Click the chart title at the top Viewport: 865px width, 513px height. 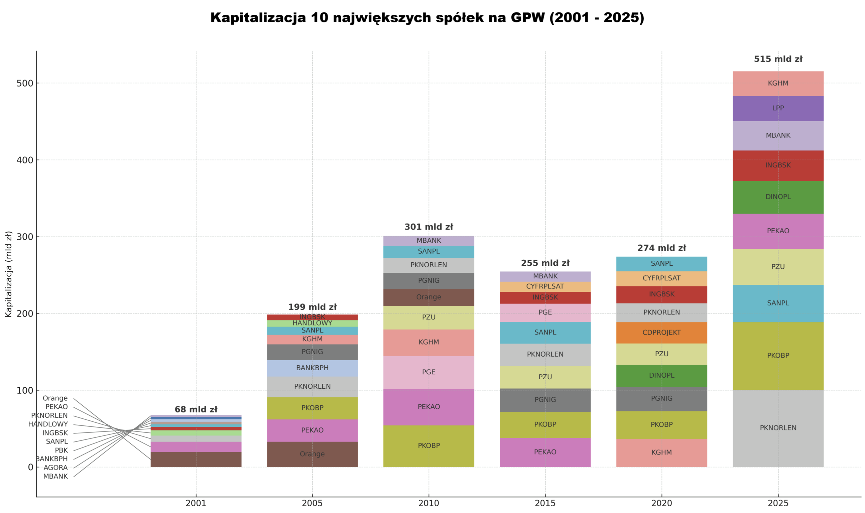click(427, 18)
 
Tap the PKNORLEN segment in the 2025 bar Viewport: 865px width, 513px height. click(777, 428)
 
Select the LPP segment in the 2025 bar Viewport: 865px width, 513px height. click(777, 108)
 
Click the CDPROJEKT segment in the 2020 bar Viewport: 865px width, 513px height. click(661, 333)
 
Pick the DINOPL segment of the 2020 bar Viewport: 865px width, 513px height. click(661, 375)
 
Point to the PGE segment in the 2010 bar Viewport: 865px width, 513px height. click(428, 372)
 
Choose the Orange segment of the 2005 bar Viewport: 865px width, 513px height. click(312, 454)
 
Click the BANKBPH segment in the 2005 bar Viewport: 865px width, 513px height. click(312, 368)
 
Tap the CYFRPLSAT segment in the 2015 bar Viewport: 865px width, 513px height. click(545, 286)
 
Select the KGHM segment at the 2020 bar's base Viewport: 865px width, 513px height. click(661, 452)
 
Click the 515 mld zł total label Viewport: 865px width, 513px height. click(777, 59)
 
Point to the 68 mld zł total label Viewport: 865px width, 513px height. click(196, 409)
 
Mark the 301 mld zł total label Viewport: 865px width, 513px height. click(428, 227)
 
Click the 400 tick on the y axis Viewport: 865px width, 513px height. click(24, 160)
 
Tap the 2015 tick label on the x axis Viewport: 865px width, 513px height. click(545, 503)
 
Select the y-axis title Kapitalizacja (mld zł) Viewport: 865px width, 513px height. click(8, 274)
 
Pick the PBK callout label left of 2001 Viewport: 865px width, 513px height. click(61, 451)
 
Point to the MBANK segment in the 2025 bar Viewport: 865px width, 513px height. click(777, 135)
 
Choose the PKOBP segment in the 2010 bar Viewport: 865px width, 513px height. click(428, 446)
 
